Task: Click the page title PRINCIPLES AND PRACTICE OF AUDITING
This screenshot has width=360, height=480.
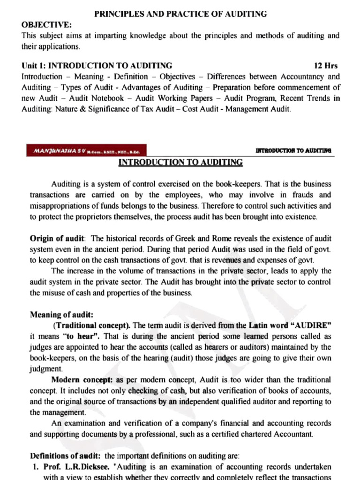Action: [180, 14]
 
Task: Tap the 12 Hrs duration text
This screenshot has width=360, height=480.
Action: [325, 66]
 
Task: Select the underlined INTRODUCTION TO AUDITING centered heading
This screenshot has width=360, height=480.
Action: [180, 163]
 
